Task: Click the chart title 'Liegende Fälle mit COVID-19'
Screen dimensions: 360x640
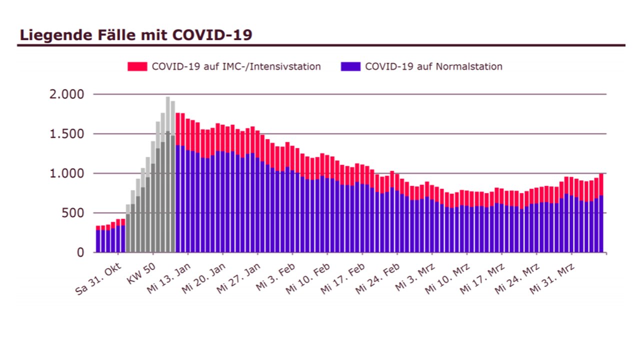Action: (135, 35)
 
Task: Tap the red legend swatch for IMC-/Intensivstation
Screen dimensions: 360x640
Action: (137, 66)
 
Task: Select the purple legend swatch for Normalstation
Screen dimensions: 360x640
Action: (350, 66)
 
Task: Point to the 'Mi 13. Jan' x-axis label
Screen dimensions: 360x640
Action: (169, 277)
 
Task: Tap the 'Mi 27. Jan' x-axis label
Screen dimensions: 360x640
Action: (240, 277)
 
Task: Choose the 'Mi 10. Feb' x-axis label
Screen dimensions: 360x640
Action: (311, 277)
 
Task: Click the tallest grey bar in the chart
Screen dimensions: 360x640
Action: (168, 175)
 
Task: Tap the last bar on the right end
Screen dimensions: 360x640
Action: (601, 215)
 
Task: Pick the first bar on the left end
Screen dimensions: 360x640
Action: (98, 240)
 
